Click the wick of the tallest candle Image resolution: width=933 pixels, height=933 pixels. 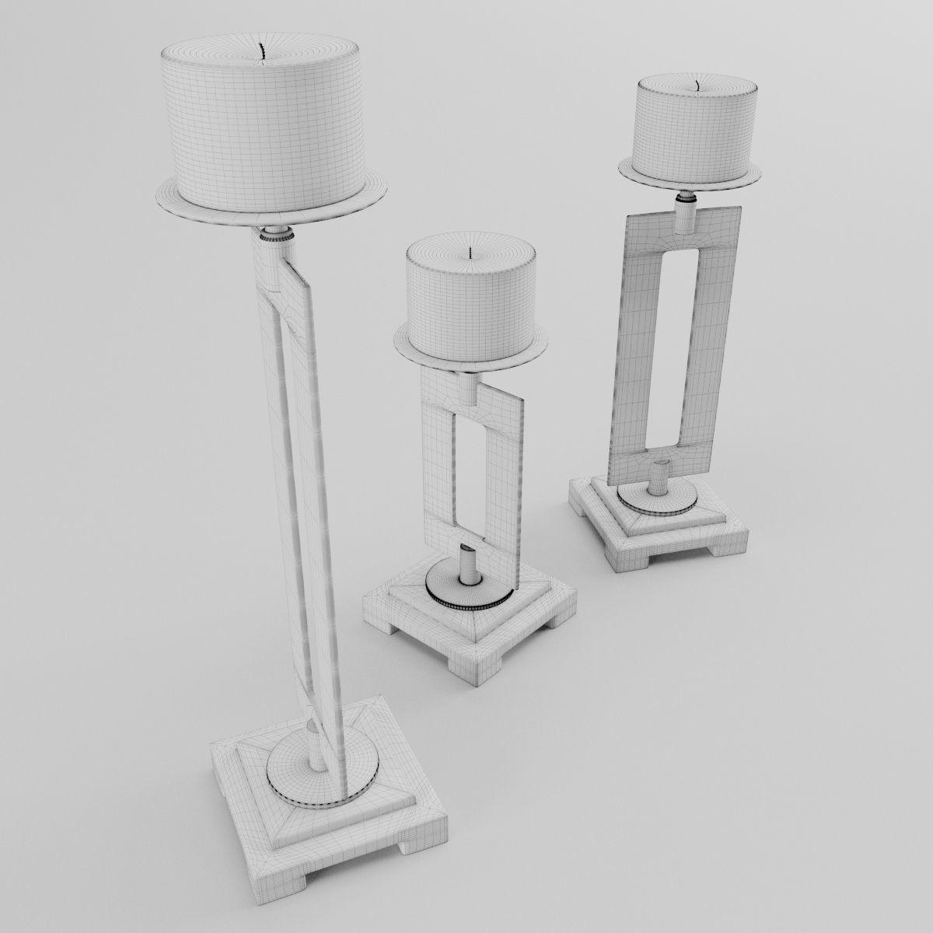[x=264, y=51]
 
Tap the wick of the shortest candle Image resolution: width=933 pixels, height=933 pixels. [x=472, y=253]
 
